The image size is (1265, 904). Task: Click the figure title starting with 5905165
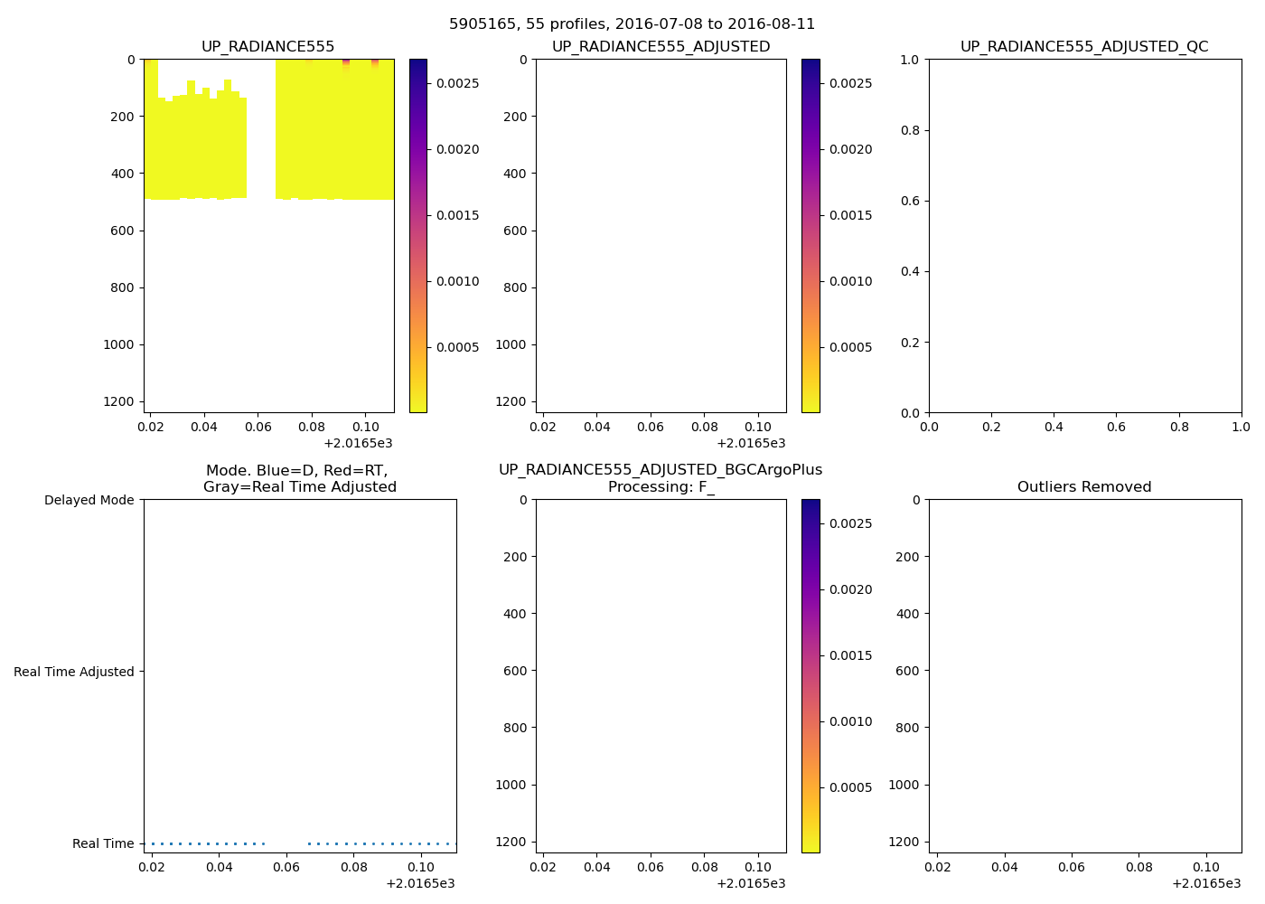pyautogui.click(x=632, y=24)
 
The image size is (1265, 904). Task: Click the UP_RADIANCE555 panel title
pyautogui.click(x=267, y=46)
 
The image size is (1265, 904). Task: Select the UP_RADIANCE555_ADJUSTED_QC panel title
pyautogui.click(x=1083, y=46)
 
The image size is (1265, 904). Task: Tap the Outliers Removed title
pyautogui.click(x=1083, y=486)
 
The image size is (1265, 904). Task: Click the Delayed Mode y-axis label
pyautogui.click(x=89, y=500)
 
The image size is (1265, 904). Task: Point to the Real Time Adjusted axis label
pyautogui.click(x=73, y=672)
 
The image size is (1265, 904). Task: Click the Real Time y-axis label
pyautogui.click(x=103, y=843)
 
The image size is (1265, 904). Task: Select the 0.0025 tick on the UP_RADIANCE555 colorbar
pyautogui.click(x=456, y=83)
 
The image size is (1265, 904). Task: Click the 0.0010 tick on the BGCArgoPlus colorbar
pyautogui.click(x=850, y=721)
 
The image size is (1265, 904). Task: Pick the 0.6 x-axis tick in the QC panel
pyautogui.click(x=1116, y=426)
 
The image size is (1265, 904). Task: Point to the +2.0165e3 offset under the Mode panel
pyautogui.click(x=419, y=883)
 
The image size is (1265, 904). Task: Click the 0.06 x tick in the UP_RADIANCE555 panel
pyautogui.click(x=258, y=426)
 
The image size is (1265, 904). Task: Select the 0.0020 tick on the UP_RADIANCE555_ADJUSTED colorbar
pyautogui.click(x=850, y=149)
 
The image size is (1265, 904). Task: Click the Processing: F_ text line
pyautogui.click(x=661, y=486)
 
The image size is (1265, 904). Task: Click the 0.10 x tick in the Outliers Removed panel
pyautogui.click(x=1206, y=866)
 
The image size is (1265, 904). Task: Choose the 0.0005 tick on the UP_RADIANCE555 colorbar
pyautogui.click(x=456, y=347)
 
